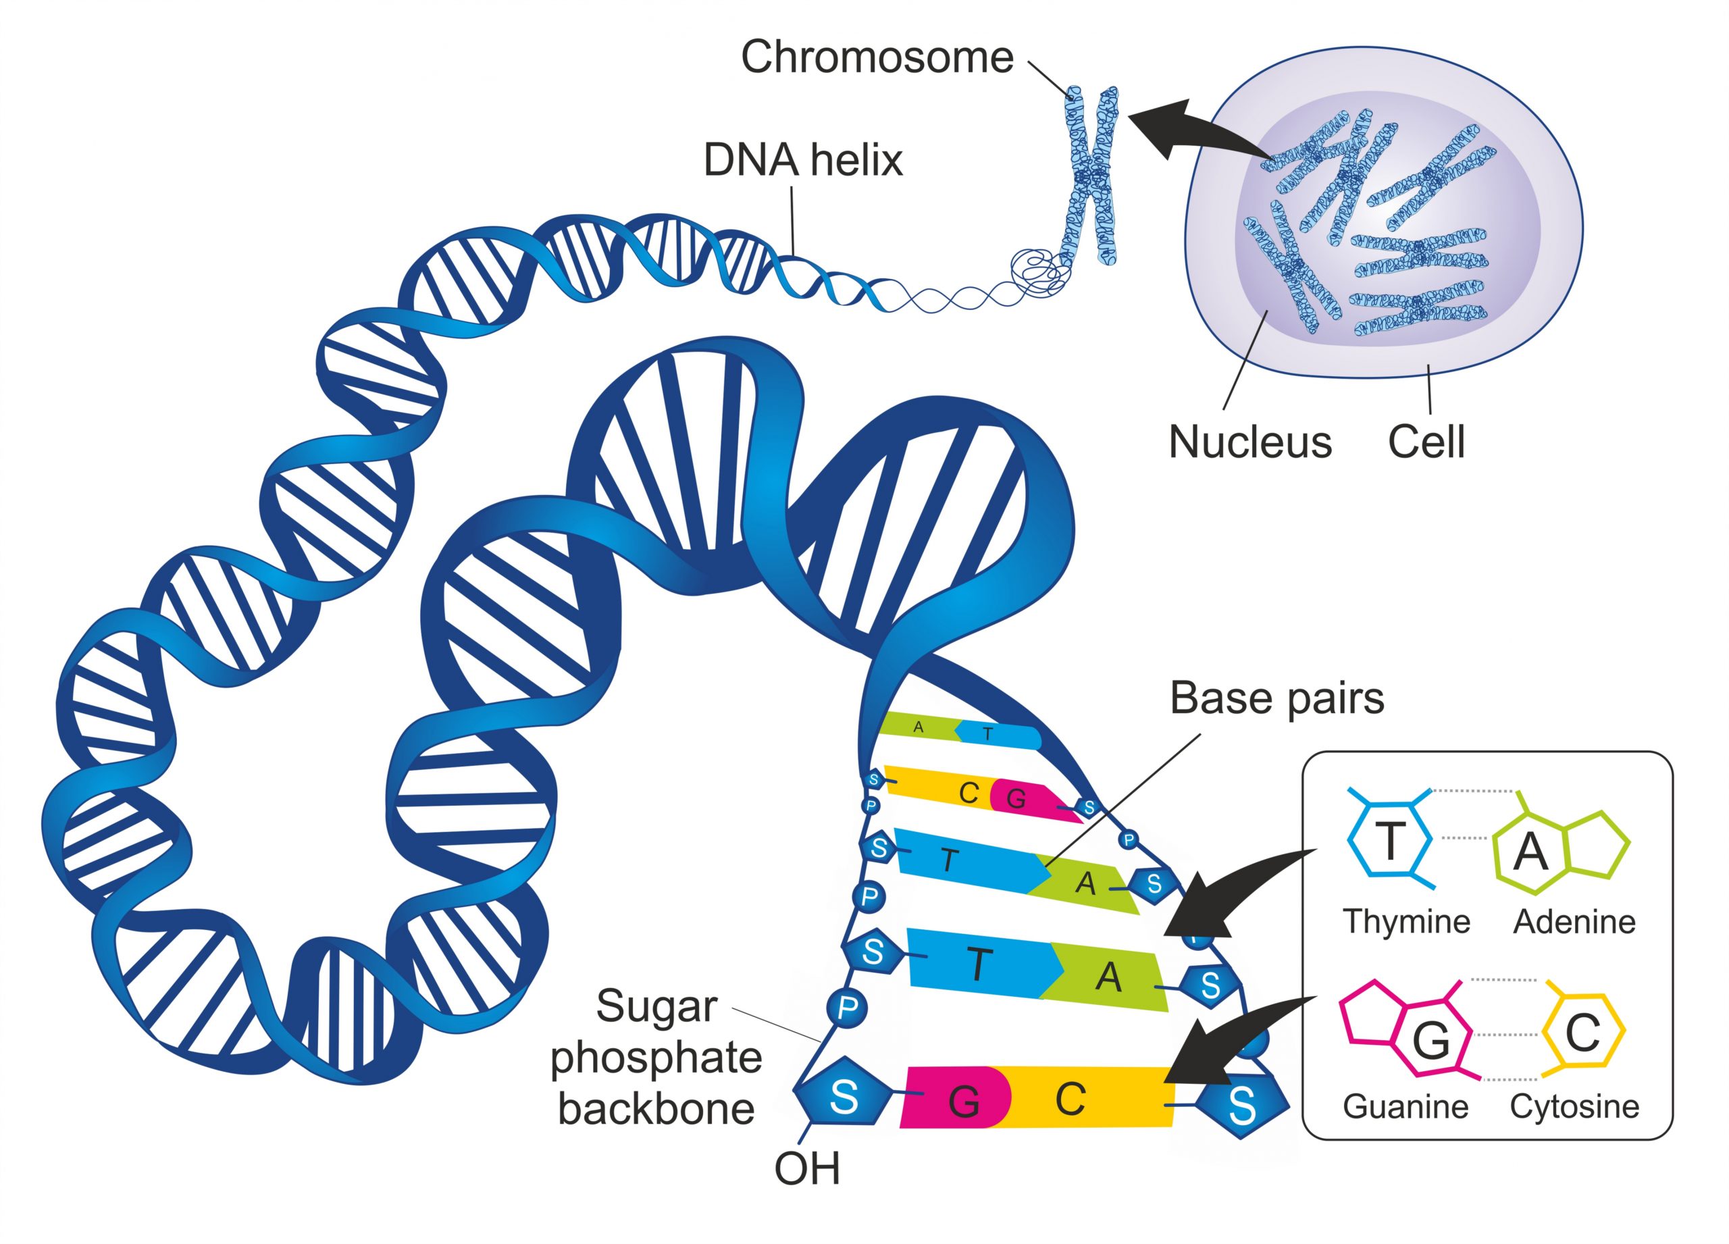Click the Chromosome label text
pos(877,58)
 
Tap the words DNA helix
pos(803,160)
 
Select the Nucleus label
pos(1250,442)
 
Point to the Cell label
pos(1426,442)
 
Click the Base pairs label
pos(1277,698)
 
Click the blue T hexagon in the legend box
pos(1390,841)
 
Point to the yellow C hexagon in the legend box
pos(1582,1033)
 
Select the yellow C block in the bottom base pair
pos(1083,1098)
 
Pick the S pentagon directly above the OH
pos(842,1097)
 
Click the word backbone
pos(656,1109)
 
